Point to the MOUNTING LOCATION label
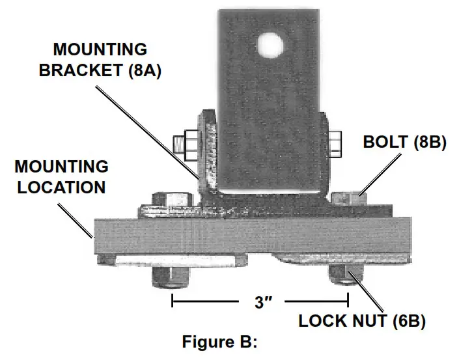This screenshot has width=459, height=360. [x=61, y=177]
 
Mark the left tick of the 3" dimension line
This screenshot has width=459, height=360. [x=172, y=301]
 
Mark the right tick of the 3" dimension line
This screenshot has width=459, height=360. [x=348, y=301]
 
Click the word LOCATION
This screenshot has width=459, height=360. [x=61, y=187]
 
